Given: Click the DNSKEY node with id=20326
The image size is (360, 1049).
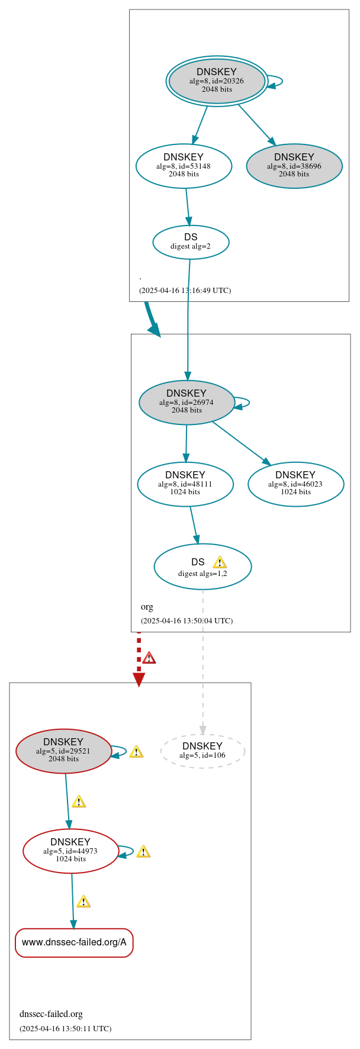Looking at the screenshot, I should coord(217,81).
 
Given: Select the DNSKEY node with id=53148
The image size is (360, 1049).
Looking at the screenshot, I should coord(184,166).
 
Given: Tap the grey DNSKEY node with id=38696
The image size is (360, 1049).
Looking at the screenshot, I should coord(294,166).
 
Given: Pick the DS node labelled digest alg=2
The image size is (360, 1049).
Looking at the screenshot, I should coord(191,242).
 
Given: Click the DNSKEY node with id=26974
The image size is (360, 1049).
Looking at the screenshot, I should coord(187,402).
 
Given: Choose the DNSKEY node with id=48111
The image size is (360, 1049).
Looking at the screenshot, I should coord(185,484).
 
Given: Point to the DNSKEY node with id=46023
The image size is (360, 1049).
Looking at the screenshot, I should coord(295,484).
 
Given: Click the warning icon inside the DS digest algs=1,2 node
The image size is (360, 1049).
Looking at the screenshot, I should coord(220,562).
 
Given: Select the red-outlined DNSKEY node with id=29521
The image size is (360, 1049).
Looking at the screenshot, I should coord(63,751).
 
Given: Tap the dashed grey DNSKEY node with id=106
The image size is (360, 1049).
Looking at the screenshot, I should coord(202,751).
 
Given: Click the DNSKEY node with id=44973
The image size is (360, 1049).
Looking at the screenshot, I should coord(70,851).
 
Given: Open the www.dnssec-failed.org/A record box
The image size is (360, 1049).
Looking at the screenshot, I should coord(74,942).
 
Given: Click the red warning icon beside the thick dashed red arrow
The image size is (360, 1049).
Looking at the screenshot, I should coord(149,658).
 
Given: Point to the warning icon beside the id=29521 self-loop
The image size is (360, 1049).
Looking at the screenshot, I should coord(136,751).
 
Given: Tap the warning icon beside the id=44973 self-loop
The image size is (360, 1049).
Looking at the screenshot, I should coord(143,851).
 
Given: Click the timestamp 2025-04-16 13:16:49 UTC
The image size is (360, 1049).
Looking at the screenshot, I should coord(185,290).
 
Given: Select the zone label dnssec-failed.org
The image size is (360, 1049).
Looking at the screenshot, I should coord(51,1013).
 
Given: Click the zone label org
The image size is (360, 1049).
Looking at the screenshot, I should coord(147,606).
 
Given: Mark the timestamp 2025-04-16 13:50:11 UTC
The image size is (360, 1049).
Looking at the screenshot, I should coord(65,1028).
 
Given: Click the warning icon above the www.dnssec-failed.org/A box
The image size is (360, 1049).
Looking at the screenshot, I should coord(83,902).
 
